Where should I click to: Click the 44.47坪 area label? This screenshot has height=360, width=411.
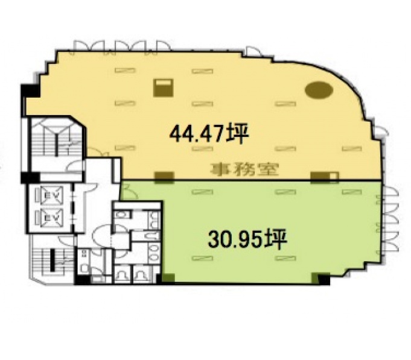pyautogui.click(x=209, y=134)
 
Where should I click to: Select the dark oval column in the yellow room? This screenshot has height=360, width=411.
pyautogui.click(x=319, y=90)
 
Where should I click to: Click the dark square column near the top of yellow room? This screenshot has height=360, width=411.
pyautogui.click(x=163, y=87)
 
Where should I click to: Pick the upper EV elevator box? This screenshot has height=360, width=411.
pyautogui.click(x=49, y=195)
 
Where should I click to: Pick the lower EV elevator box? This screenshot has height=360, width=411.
pyautogui.click(x=49, y=217)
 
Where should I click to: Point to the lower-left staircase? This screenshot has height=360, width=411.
pyautogui.click(x=53, y=259)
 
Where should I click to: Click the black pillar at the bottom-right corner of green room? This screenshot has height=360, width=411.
pyautogui.click(x=323, y=279)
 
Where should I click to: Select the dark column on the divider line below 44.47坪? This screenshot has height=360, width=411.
pyautogui.click(x=164, y=177)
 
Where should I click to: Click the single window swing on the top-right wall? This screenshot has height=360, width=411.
pyautogui.click(x=252, y=52)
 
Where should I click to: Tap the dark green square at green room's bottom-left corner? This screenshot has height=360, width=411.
pyautogui.click(x=168, y=278)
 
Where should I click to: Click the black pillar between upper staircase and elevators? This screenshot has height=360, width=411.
pyautogui.click(x=30, y=178)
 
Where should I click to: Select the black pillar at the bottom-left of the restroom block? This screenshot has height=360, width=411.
pyautogui.click(x=82, y=280)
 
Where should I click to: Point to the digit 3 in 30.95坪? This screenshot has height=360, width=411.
pyautogui.click(x=214, y=239)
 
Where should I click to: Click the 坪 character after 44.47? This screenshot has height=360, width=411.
pyautogui.click(x=239, y=134)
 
